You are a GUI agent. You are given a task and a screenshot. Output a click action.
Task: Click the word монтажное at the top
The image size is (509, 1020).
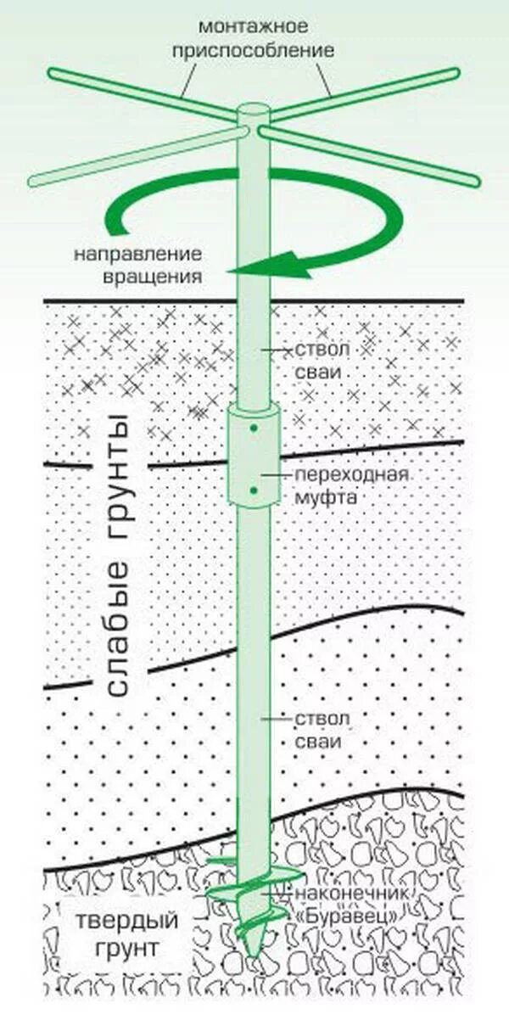click(x=254, y=28)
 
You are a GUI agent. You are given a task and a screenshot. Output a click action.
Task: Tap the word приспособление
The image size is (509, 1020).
click(x=254, y=50)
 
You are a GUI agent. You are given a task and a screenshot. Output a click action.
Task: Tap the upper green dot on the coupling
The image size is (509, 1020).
click(x=254, y=430)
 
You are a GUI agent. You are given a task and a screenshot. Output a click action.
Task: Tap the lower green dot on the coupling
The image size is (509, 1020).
click(x=254, y=490)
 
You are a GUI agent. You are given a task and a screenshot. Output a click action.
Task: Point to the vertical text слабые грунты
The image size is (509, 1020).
click(x=119, y=556)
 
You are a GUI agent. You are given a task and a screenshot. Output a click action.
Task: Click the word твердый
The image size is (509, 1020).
click(x=126, y=921)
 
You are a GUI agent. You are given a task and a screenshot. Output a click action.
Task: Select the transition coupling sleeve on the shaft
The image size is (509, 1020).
click(x=253, y=458)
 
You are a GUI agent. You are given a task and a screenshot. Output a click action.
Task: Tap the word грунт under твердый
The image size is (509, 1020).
click(x=127, y=948)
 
